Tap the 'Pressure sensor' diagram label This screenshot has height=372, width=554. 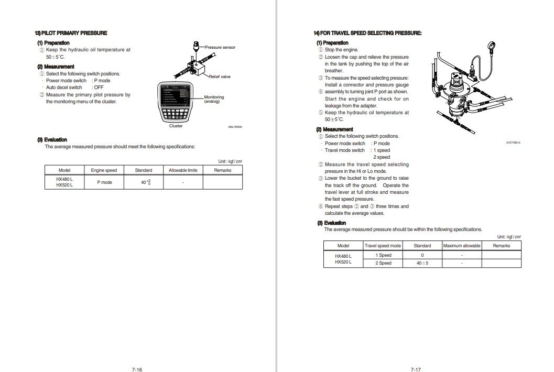(220, 47)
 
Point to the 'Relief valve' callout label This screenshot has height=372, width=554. (220, 76)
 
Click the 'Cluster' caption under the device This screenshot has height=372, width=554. (176, 126)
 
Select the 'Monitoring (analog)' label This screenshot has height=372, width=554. (214, 99)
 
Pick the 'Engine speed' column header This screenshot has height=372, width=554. (104, 170)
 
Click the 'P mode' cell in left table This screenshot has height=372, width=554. (104, 182)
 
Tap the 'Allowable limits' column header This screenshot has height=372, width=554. (183, 170)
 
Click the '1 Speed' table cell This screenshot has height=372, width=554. (383, 255)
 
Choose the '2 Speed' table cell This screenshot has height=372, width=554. (383, 263)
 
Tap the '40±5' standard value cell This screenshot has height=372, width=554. (422, 263)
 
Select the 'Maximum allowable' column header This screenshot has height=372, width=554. (462, 246)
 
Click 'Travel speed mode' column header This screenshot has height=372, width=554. (383, 246)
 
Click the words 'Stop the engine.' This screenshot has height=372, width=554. (342, 50)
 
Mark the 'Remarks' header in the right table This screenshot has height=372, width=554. (502, 246)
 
